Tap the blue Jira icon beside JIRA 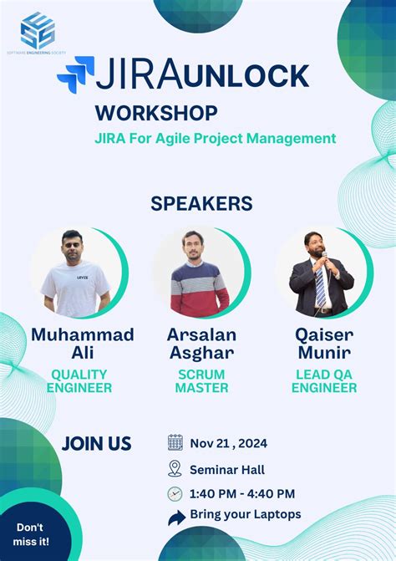tap(76, 74)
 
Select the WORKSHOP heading tap(156, 112)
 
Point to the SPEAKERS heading tap(201, 203)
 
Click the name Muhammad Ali tap(82, 343)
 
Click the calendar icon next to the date tap(175, 442)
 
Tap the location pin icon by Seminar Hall tap(175, 468)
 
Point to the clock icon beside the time tap(175, 494)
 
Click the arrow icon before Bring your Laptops tap(176, 518)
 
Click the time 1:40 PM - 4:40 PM tap(242, 494)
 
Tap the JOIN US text tap(97, 444)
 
